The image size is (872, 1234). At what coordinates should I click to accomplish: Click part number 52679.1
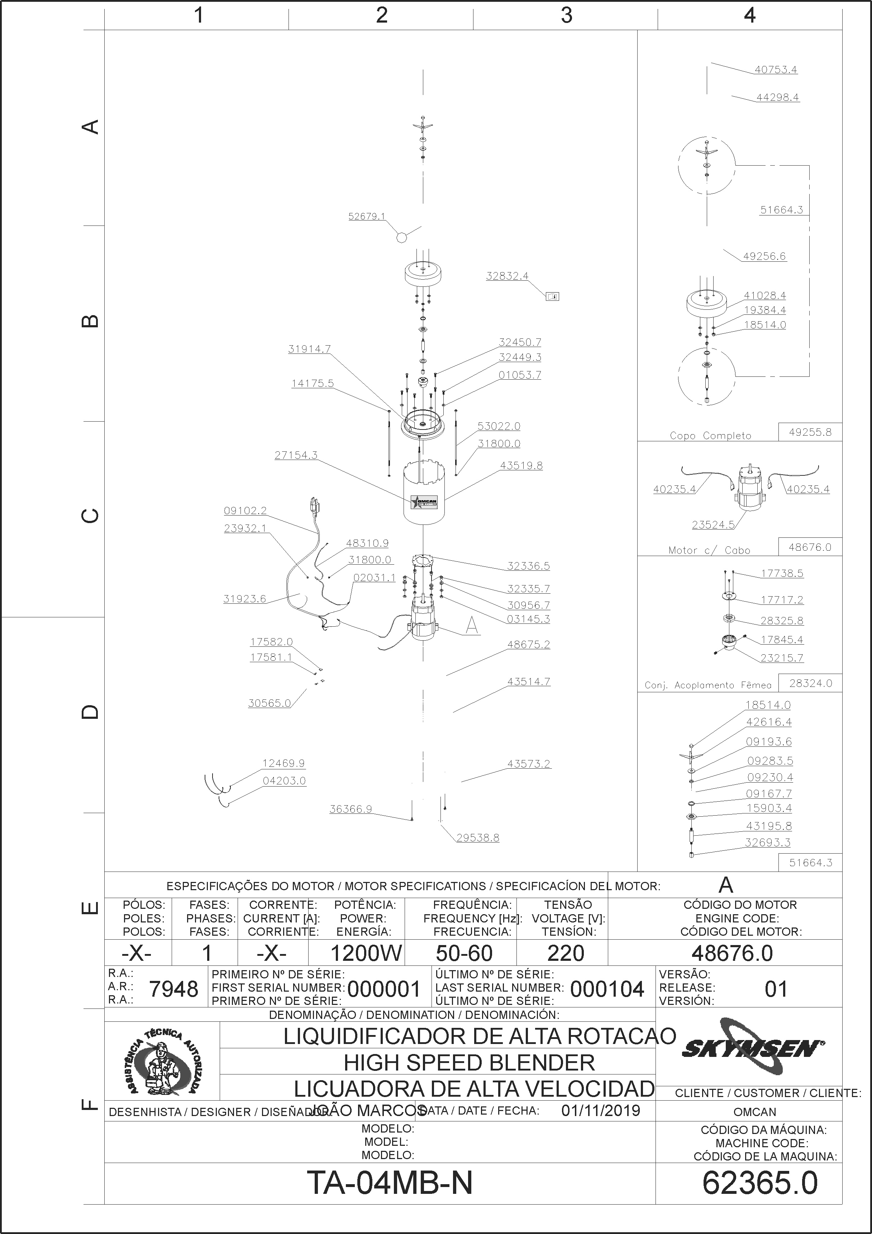click(x=367, y=216)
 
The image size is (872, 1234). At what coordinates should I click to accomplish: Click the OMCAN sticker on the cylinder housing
click(x=424, y=502)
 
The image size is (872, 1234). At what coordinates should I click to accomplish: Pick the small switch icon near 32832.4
click(x=552, y=296)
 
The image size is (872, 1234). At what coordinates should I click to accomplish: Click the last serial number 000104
click(x=607, y=989)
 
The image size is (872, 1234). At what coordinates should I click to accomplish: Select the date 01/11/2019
click(x=601, y=1110)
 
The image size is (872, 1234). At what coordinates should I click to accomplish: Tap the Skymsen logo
click(x=753, y=1048)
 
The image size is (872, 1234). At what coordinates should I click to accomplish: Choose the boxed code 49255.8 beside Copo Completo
click(x=810, y=432)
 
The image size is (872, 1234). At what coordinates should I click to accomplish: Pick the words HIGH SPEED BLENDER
click(x=469, y=1063)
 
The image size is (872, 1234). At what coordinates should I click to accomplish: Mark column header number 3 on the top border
click(x=566, y=15)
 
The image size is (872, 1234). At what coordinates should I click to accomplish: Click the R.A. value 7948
click(x=173, y=989)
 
